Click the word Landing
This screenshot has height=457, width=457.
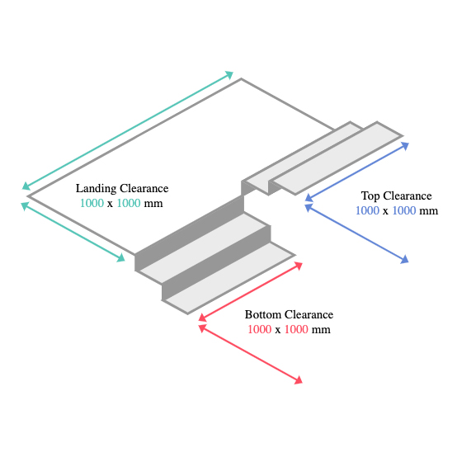pos(96,189)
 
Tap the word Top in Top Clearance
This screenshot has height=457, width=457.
pos(370,196)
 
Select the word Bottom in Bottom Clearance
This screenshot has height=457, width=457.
pos(263,314)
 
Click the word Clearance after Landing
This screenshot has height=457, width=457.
pos(144,188)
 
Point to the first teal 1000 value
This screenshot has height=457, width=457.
pos(92,203)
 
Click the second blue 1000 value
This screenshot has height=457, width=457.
pos(404,210)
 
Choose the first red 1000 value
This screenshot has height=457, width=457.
pos(259,329)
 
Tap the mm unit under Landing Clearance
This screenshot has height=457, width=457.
pos(153,204)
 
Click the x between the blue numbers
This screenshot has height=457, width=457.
pos(385,211)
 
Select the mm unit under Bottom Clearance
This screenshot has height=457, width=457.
pos(321,330)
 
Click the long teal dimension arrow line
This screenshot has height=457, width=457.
pos(128,130)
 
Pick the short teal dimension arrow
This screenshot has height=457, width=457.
pos(73,232)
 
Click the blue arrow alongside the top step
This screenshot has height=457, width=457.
pos(357,172)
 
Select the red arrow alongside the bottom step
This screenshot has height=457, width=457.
pos(251,292)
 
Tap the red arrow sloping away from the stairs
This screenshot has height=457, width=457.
pos(251,355)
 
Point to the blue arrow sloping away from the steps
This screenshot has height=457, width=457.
pos(357,233)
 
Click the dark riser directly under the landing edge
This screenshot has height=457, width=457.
pos(190,233)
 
